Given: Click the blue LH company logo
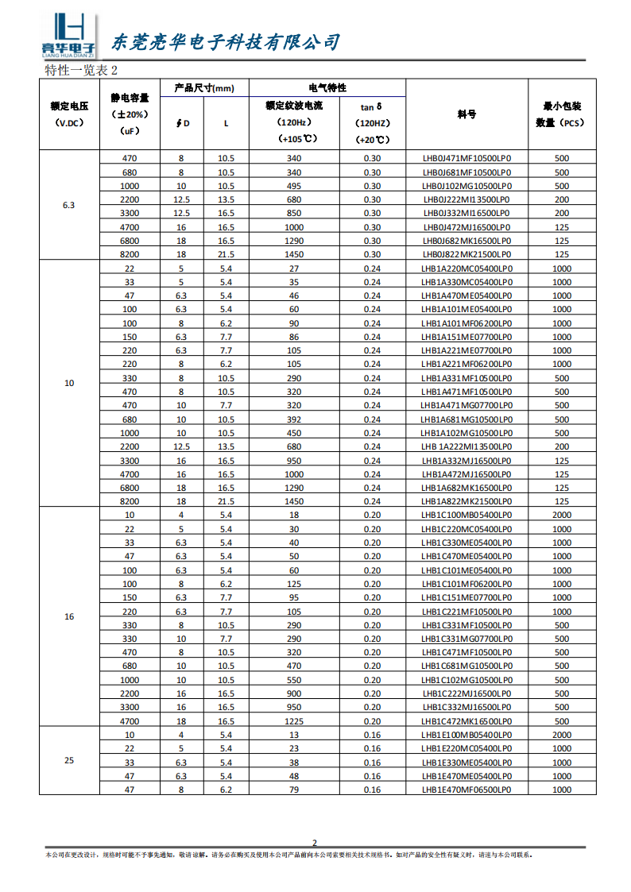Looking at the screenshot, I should pyautogui.click(x=68, y=35).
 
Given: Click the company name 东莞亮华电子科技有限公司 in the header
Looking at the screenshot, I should pyautogui.click(x=225, y=42).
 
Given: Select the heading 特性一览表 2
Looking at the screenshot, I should pyautogui.click(x=81, y=70).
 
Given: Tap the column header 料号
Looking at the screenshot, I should pyautogui.click(x=466, y=114).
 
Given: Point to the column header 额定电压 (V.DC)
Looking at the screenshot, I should pyautogui.click(x=69, y=114).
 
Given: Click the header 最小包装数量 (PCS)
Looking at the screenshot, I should pyautogui.click(x=561, y=114).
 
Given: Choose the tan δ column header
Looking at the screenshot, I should pyautogui.click(x=372, y=122).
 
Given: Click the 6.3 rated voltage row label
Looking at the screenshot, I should pyautogui.click(x=69, y=205).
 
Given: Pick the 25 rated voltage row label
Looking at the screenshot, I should pyautogui.click(x=69, y=760).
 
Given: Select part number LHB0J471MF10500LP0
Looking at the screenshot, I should pyautogui.click(x=466, y=158).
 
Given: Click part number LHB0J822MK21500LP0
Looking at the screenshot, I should pyautogui.click(x=466, y=254).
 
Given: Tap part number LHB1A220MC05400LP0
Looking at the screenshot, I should pyautogui.click(x=466, y=268).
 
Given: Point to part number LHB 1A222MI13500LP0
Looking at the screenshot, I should pyautogui.click(x=466, y=446).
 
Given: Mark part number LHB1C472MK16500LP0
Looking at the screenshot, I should pyautogui.click(x=466, y=721).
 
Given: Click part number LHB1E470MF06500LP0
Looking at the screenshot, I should pyautogui.click(x=466, y=790).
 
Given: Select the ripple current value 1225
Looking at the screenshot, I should pyautogui.click(x=294, y=721).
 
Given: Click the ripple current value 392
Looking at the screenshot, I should pyautogui.click(x=294, y=419).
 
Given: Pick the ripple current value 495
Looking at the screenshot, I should pyautogui.click(x=294, y=186).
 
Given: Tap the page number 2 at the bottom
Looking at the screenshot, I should pyautogui.click(x=315, y=843).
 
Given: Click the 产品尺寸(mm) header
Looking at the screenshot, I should pyautogui.click(x=204, y=88).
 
